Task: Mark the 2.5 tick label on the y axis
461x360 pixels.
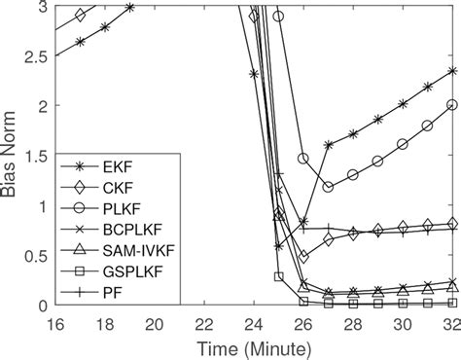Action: [x=38, y=55]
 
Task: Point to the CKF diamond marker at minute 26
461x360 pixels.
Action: [x=303, y=256]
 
